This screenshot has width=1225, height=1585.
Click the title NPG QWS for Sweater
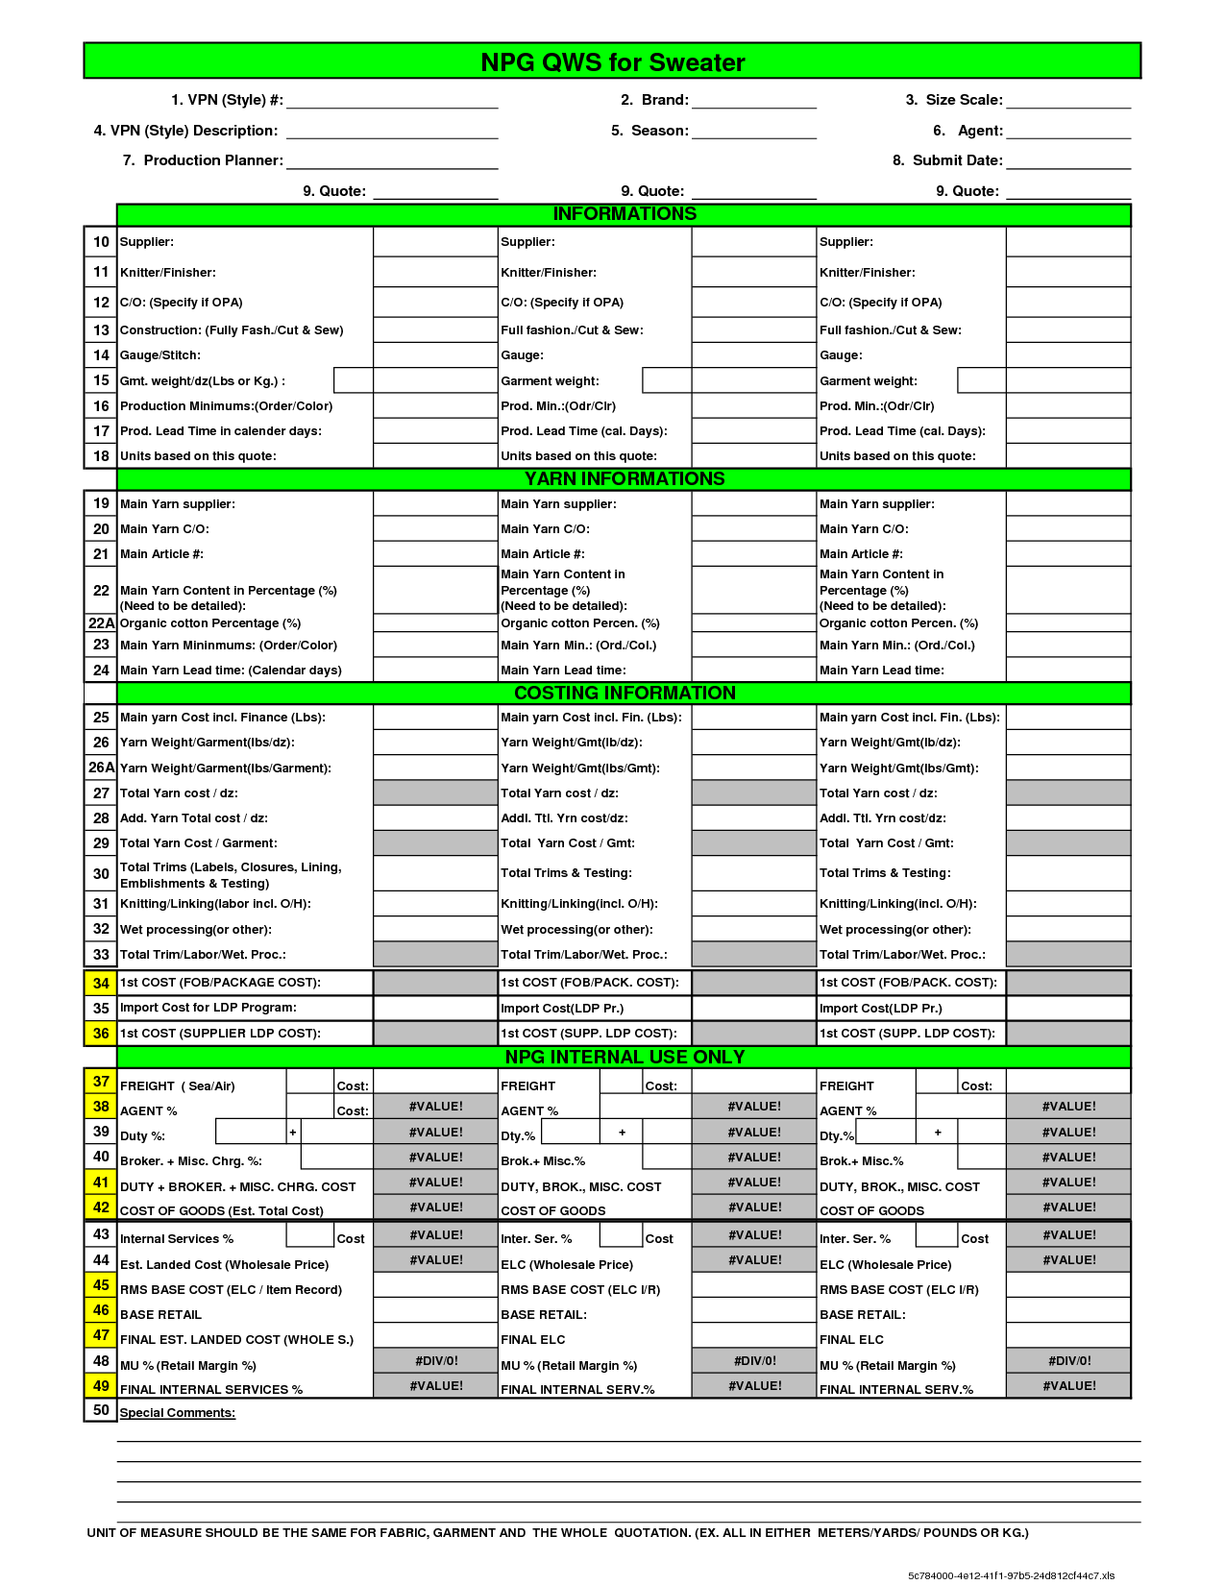[x=612, y=62]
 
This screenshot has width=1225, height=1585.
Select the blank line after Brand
[x=753, y=103]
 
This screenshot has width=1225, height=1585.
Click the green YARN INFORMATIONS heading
[x=625, y=478]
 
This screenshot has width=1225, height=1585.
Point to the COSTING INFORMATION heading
[x=625, y=693]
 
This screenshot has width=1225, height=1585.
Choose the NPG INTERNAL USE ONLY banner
[x=625, y=1057]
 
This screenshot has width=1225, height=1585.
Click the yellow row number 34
[x=101, y=983]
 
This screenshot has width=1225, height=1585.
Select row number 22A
[x=101, y=622]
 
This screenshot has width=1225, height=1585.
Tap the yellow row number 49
[x=101, y=1385]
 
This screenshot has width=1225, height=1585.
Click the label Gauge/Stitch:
[x=160, y=355]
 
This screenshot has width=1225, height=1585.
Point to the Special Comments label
[x=178, y=1412]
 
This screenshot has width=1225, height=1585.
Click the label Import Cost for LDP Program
[x=208, y=1008]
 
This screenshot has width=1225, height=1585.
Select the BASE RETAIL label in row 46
[x=160, y=1314]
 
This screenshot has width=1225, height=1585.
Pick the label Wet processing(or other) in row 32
[x=196, y=929]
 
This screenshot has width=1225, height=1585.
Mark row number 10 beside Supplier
[x=101, y=242]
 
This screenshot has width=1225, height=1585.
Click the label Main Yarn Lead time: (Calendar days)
[x=231, y=670]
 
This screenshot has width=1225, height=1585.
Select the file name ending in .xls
[x=1011, y=1575]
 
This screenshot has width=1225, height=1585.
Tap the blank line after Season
[x=753, y=134]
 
